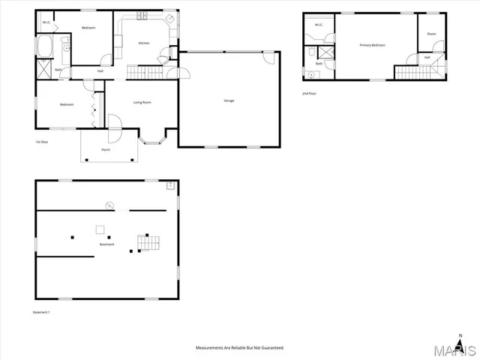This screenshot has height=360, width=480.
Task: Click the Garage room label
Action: (x=229, y=100)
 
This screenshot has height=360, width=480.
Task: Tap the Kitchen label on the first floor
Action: (x=144, y=43)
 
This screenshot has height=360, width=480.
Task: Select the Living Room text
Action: (x=143, y=102)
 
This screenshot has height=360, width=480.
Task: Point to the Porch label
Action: (x=106, y=150)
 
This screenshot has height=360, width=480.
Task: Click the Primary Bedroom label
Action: (x=372, y=45)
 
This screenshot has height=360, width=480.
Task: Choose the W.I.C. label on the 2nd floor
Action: (x=318, y=25)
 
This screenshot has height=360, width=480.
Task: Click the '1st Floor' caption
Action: (x=43, y=142)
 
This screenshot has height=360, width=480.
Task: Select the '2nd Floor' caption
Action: (x=309, y=93)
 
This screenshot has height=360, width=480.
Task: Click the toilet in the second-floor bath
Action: (x=310, y=52)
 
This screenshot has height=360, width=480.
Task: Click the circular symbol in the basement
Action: (x=109, y=204)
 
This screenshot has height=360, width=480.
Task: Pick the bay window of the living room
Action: (x=154, y=137)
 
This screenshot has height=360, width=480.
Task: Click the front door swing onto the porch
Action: (x=114, y=124)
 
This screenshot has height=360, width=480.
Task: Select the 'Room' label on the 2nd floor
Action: (x=431, y=34)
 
